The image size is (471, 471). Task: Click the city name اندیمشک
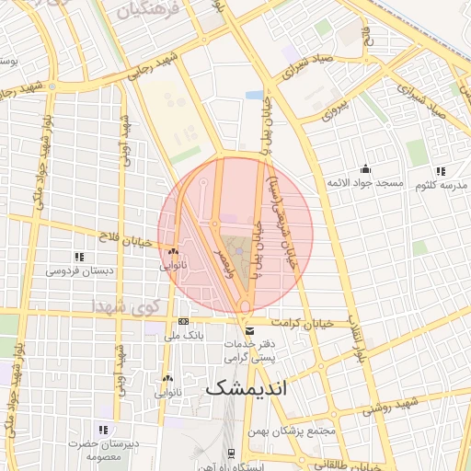(x=246, y=387)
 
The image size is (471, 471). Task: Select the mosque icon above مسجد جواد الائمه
(x=365, y=169)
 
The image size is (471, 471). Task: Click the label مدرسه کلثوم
(x=441, y=185)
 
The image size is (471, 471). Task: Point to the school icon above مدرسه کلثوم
(x=441, y=170)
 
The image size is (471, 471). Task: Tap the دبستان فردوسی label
(x=79, y=270)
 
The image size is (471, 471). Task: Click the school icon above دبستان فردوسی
(x=79, y=256)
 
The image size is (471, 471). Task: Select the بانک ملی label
(x=183, y=336)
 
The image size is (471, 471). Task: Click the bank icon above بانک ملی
(x=183, y=321)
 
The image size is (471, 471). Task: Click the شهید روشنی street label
(x=398, y=406)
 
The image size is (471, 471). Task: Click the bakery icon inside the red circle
(x=172, y=251)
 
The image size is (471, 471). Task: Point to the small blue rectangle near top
(x=254, y=95)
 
